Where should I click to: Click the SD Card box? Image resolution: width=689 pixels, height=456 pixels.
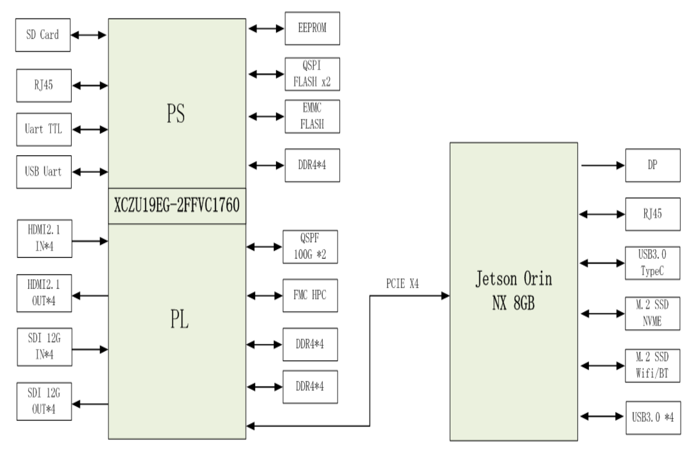pos(43,35)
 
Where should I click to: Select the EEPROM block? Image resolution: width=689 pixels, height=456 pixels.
pos(312,28)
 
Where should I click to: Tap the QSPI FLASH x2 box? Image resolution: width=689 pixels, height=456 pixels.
pos(312,74)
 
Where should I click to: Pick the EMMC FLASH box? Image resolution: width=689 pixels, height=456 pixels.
pos(312,116)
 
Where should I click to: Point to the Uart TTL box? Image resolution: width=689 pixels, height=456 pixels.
pos(44,130)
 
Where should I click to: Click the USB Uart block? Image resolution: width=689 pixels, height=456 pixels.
pos(44,172)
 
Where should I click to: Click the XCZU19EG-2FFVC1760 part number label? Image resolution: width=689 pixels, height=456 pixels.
pos(177,206)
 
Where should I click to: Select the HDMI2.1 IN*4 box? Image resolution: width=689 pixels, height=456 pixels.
pos(44,238)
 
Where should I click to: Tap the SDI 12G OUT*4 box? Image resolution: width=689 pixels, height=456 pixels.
pos(44,401)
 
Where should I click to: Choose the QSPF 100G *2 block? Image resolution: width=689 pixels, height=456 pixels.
pos(310,247)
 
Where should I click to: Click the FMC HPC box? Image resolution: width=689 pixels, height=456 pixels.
pos(310,295)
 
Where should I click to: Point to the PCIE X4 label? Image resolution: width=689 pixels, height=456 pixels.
pos(402,284)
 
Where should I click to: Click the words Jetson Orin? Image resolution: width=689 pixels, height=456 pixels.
pos(514,279)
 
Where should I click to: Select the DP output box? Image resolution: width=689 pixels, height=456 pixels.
pos(652,165)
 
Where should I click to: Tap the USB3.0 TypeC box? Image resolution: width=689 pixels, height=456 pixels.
pos(652,263)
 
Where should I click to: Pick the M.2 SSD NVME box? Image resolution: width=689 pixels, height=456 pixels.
pos(652,313)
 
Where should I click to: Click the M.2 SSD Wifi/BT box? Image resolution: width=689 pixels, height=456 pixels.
pos(652,366)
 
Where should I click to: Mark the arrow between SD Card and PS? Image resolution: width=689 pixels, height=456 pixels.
pos(89,35)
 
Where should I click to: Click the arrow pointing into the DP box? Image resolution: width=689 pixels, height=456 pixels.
pos(602,165)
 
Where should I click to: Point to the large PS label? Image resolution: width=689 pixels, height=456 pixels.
pos(176,114)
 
